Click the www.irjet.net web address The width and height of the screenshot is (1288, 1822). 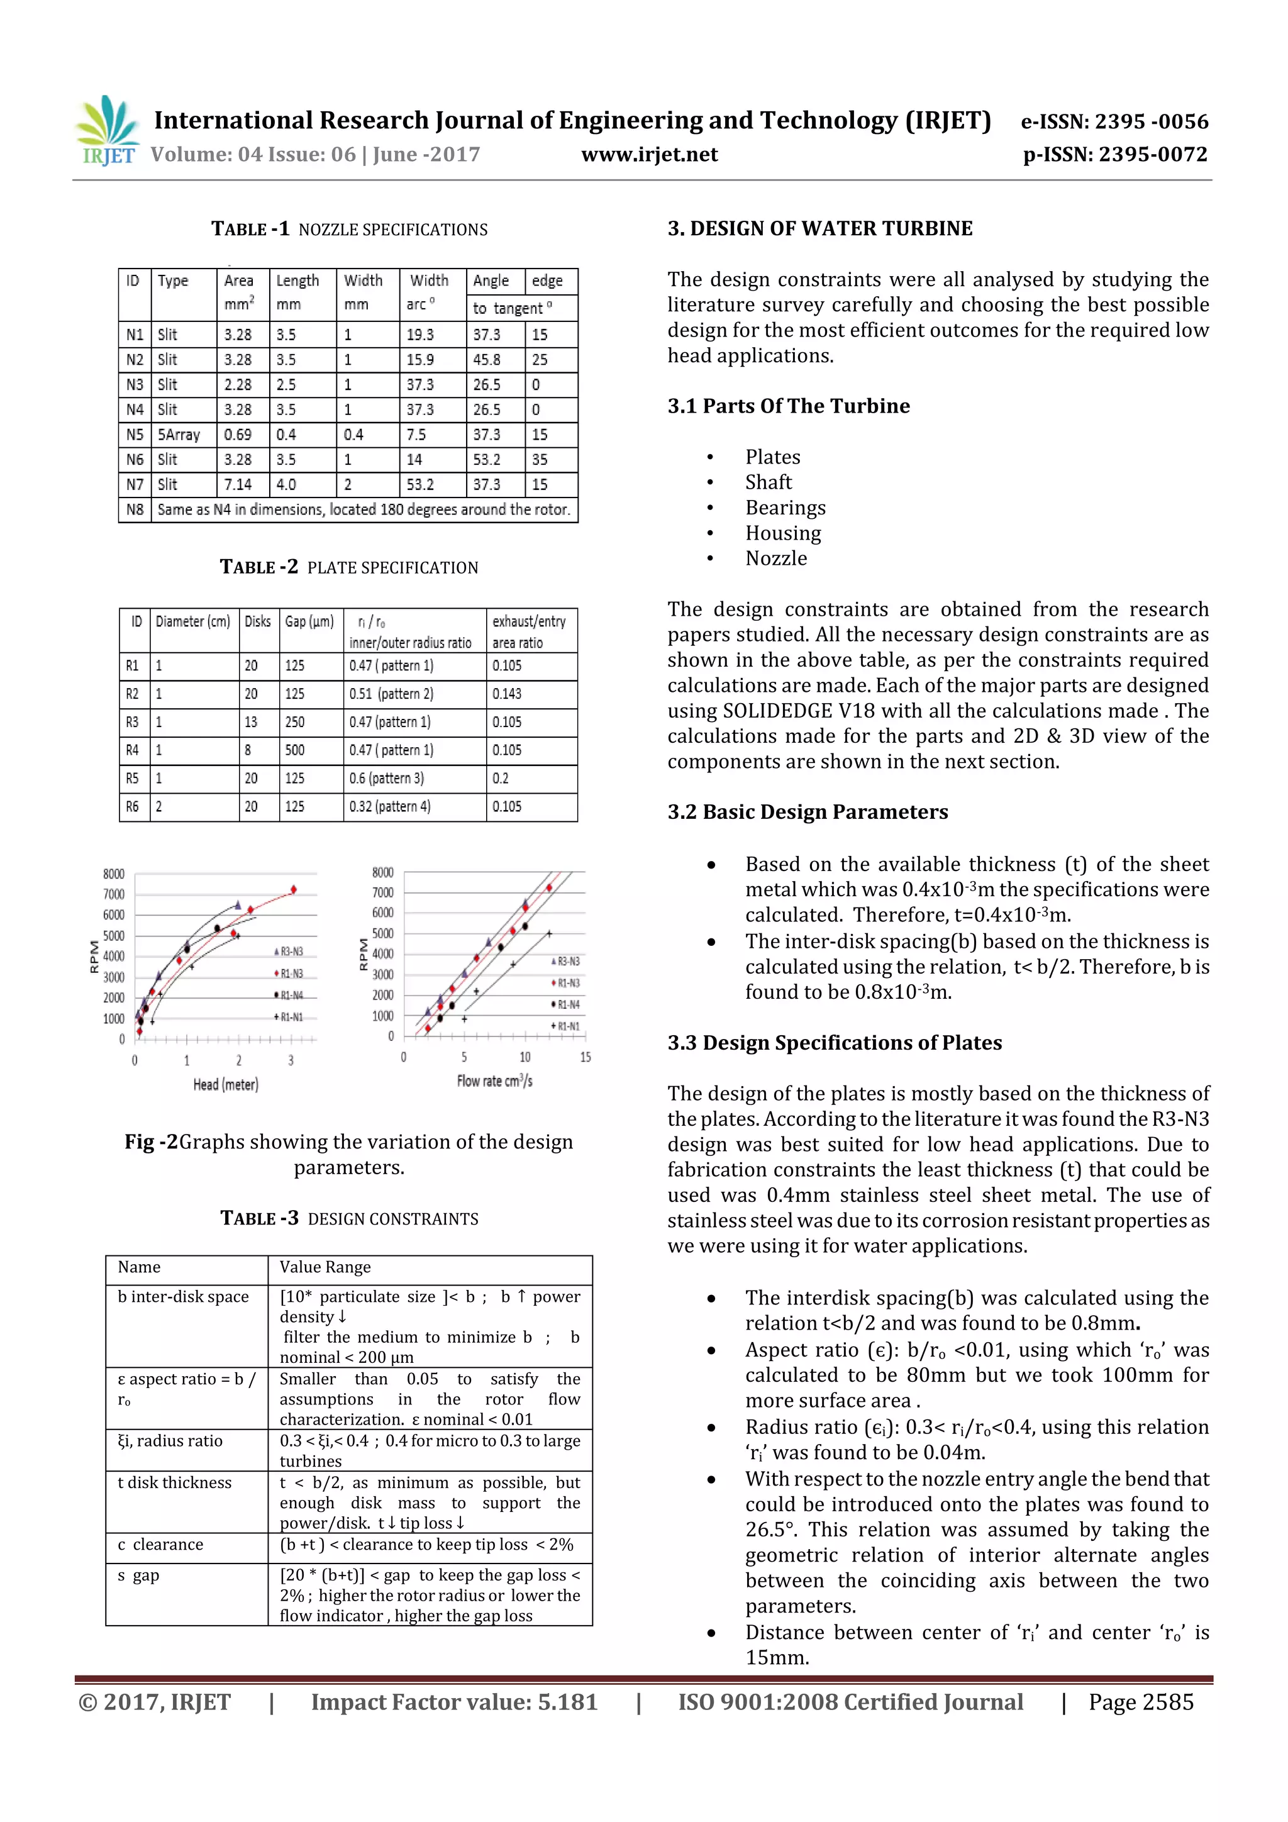point(649,155)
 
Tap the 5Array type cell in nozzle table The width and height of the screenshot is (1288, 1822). point(179,435)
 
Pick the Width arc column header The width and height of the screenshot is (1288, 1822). point(430,292)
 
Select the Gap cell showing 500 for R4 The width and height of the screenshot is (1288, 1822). point(295,750)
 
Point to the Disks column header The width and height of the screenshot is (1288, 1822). point(258,621)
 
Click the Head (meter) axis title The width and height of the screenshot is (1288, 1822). point(226,1085)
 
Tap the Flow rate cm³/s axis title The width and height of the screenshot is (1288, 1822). point(494,1081)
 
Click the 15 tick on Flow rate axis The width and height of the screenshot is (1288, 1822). point(586,1057)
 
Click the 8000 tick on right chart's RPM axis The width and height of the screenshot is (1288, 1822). point(382,872)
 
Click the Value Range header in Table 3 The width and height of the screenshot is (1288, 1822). point(325,1267)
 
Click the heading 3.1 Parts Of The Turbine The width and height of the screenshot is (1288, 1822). point(788,406)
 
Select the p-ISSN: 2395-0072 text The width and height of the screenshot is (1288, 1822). point(1114,155)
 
